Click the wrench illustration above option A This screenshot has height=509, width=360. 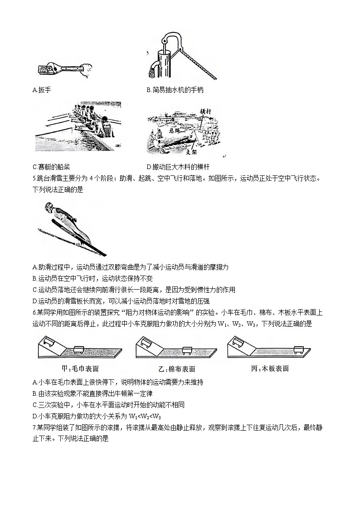pos(62,69)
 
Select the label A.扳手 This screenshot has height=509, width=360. pos(42,90)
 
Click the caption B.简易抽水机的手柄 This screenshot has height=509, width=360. pos(175,90)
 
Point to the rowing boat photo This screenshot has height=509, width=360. pos(78,126)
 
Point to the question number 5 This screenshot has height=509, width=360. pos(34,178)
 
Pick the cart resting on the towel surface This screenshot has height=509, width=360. pos(80,349)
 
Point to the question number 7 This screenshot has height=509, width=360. pos(34,428)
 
